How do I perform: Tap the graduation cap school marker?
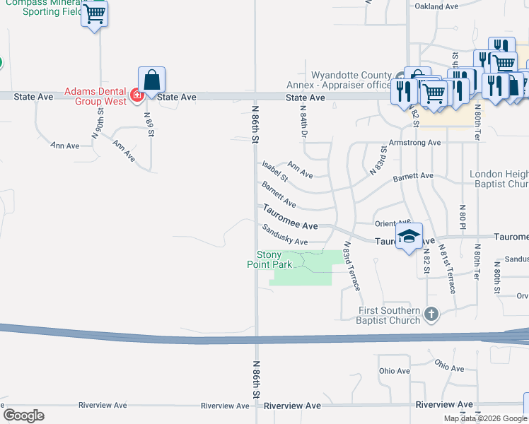pos(409,237)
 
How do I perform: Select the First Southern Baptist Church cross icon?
pos(431,312)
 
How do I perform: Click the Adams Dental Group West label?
pos(95,96)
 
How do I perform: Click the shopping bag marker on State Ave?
pos(152,79)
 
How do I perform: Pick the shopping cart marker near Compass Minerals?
pos(95,13)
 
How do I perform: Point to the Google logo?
pos(23,416)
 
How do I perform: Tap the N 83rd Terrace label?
pos(351,267)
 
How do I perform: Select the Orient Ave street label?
pos(393,222)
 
